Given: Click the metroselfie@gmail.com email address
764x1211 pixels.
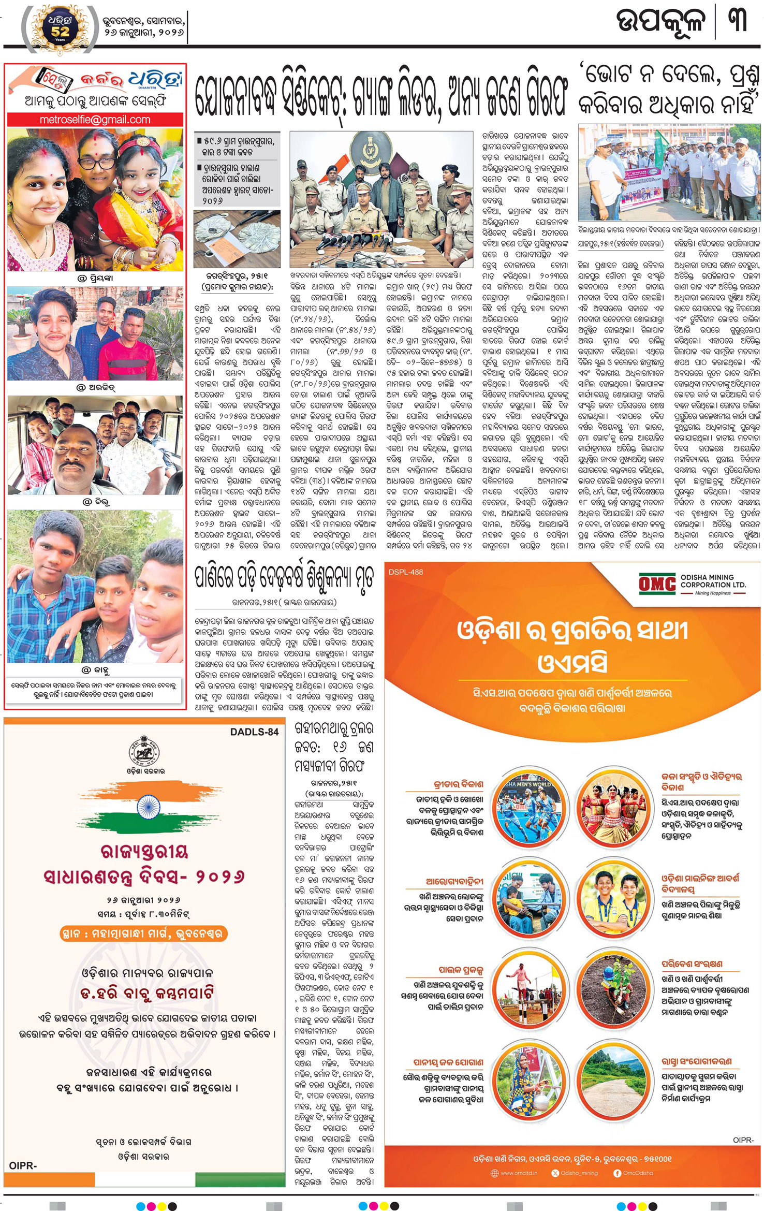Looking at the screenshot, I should pyautogui.click(x=95, y=120).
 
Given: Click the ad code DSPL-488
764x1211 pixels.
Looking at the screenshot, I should pyautogui.click(x=406, y=572).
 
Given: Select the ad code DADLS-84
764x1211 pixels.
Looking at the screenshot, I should pyautogui.click(x=254, y=732).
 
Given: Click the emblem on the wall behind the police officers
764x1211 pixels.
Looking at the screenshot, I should pyautogui.click(x=370, y=150).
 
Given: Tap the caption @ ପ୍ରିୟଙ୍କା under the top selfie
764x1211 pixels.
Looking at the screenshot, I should pyautogui.click(x=95, y=278).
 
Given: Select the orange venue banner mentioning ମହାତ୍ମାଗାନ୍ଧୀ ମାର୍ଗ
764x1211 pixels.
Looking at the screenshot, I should pyautogui.click(x=144, y=933).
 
